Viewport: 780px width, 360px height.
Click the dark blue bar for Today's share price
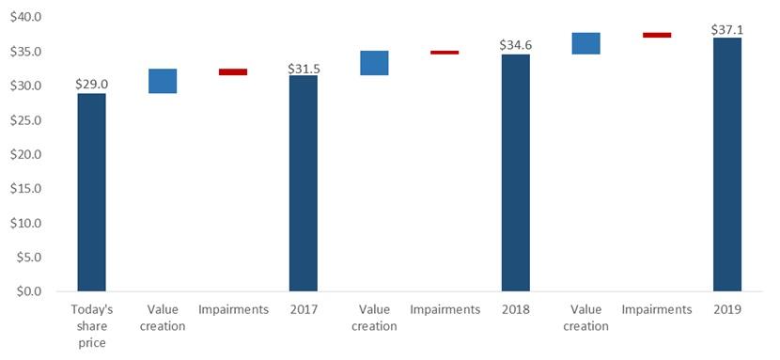[x=91, y=192]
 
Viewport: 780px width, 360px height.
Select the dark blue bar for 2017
[x=303, y=183]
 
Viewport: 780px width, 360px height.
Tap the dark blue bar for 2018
[x=515, y=173]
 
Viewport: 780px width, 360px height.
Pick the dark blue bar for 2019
[x=727, y=164]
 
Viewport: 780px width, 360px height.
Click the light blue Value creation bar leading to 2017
[x=162, y=81]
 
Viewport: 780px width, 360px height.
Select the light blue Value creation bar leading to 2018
[x=374, y=63]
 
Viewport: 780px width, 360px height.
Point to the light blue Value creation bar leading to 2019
[x=585, y=43]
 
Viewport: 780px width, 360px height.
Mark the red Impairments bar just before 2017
[x=232, y=71]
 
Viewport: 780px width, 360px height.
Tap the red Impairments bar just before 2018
[x=445, y=53]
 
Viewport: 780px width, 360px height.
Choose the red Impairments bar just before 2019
[x=657, y=35]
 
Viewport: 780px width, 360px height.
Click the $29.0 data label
[x=91, y=85]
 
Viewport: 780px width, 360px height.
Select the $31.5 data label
[x=303, y=68]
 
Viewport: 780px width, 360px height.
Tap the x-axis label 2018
[x=515, y=310]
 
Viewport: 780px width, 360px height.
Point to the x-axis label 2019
[x=727, y=310]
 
